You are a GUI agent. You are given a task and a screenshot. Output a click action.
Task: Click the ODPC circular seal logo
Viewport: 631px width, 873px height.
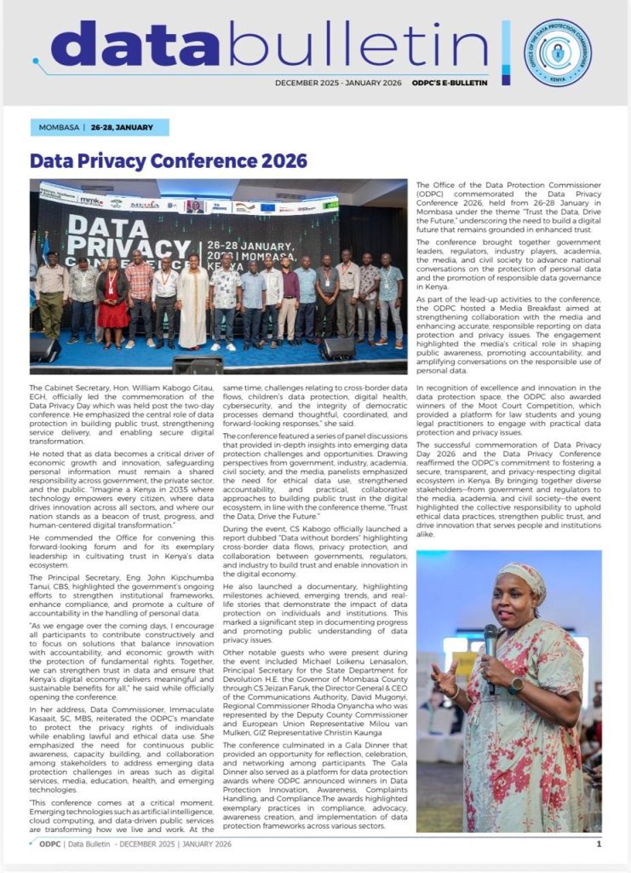558,52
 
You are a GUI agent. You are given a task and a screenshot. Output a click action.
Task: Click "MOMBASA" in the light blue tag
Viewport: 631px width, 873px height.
57,128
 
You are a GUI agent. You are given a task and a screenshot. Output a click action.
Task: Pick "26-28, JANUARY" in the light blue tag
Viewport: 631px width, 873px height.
124,128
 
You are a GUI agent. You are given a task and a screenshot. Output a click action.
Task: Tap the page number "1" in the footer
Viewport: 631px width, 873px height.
599,844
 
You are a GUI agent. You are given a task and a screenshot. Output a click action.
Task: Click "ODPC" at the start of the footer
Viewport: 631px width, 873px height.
49,844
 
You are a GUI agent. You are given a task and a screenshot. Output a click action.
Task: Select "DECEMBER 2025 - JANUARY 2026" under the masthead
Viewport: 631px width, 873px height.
336,83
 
